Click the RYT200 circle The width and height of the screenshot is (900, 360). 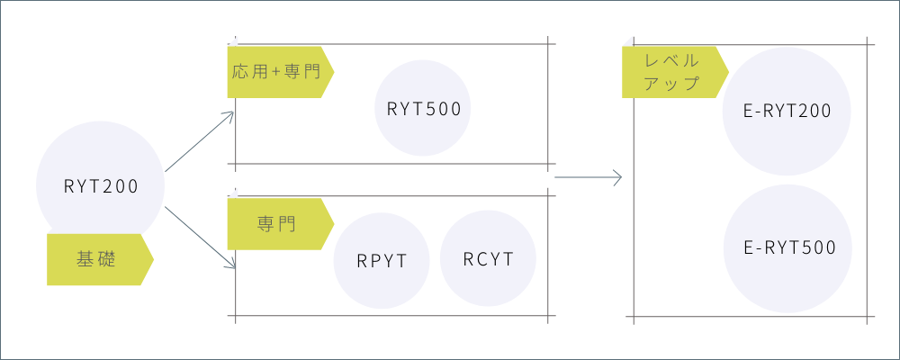[100, 162]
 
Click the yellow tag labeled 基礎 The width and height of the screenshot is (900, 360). [95, 260]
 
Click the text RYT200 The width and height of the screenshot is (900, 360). [101, 187]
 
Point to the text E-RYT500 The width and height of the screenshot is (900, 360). [791, 247]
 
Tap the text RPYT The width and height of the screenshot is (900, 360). [382, 262]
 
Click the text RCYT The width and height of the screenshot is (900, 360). [489, 260]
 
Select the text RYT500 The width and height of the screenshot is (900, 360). [424, 110]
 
